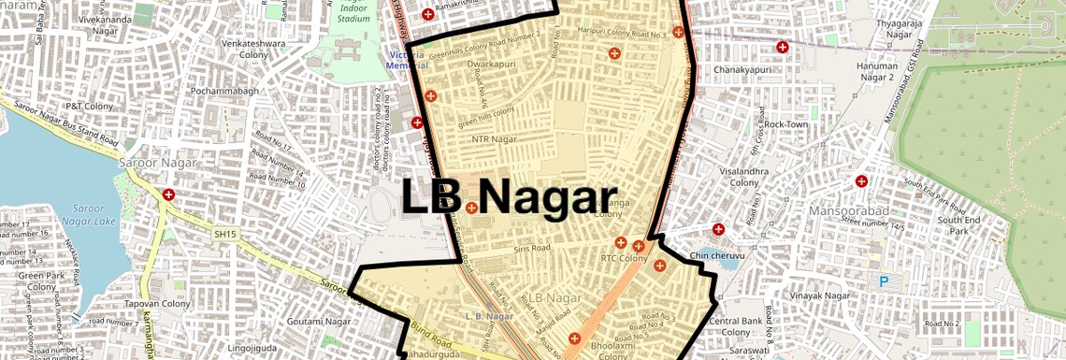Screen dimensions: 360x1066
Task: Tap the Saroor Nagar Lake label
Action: pyautogui.click(x=93, y=214)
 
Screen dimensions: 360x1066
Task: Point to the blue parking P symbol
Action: pyautogui.click(x=883, y=281)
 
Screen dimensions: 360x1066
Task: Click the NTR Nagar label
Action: pyautogui.click(x=495, y=139)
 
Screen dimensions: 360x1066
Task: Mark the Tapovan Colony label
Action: pyautogui.click(x=157, y=304)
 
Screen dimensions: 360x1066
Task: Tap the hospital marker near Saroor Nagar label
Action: pyautogui.click(x=168, y=195)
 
